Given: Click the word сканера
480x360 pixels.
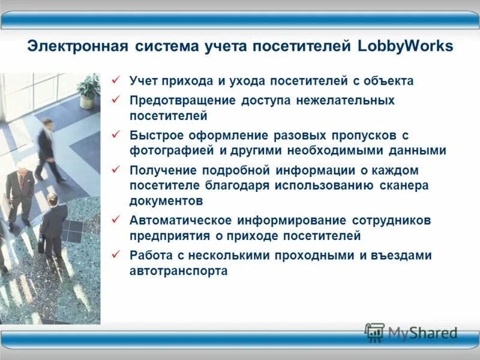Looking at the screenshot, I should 404,185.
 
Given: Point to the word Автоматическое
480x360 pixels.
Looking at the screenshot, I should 181,220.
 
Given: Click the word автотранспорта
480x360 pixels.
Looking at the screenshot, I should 178,271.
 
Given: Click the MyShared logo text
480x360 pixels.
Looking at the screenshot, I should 422,332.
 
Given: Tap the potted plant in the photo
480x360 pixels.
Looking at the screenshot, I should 89,90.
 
